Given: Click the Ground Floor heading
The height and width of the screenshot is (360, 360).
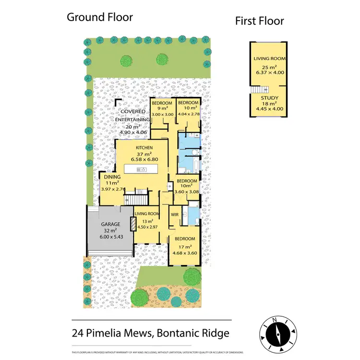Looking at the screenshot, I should (99, 18).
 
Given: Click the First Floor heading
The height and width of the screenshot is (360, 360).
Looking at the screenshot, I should (259, 21).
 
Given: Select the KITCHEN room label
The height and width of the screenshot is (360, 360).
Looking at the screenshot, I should (144, 147).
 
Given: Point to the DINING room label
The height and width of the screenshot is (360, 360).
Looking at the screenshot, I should (112, 177).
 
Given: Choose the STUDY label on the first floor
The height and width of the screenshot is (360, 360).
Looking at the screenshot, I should (263, 98).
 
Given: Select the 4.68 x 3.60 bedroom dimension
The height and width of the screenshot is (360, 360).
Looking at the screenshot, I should (184, 252).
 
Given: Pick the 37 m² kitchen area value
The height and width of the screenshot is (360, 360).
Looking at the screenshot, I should (144, 153).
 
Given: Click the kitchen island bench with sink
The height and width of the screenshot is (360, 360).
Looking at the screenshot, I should (142, 169).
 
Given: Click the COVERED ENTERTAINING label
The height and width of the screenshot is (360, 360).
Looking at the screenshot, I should (133, 116).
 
